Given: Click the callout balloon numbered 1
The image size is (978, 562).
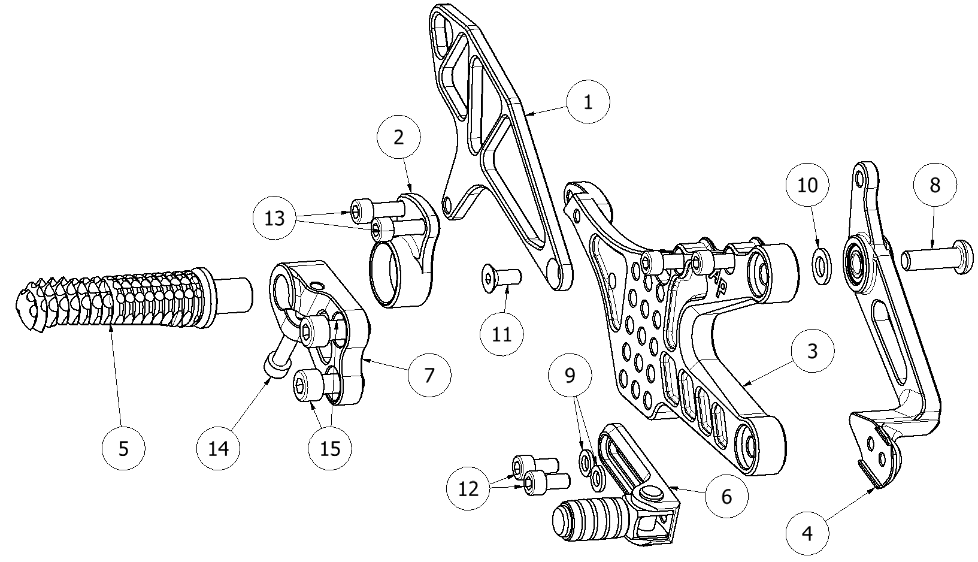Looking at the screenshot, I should pyautogui.click(x=588, y=102).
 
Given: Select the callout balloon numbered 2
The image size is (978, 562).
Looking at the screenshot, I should pyautogui.click(x=398, y=137).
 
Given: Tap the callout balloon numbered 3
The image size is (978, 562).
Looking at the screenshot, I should pyautogui.click(x=812, y=351).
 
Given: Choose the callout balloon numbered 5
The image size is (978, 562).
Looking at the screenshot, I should pyautogui.click(x=123, y=448).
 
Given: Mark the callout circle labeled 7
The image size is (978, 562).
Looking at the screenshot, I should pyautogui.click(x=429, y=374).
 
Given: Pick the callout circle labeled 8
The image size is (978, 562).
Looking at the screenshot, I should pyautogui.click(x=934, y=185).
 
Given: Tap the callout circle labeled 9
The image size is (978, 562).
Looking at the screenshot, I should pyautogui.click(x=570, y=376).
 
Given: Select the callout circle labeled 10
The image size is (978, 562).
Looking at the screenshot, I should pyautogui.click(x=808, y=185).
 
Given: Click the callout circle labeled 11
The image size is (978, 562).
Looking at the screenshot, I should pyautogui.click(x=502, y=333).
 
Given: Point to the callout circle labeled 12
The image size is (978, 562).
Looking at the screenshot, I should pyautogui.click(x=468, y=489).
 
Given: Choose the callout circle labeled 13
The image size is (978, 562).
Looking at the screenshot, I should pyautogui.click(x=275, y=218).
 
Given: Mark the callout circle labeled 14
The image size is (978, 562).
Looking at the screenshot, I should pyautogui.click(x=219, y=448).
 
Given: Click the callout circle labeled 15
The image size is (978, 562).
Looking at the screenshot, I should pyautogui.click(x=330, y=448).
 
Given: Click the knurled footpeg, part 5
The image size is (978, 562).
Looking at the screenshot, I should pyautogui.click(x=120, y=300).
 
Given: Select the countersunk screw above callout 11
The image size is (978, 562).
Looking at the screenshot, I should pyautogui.click(x=502, y=277).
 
